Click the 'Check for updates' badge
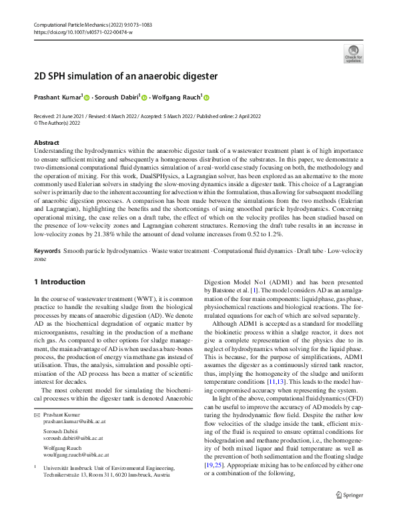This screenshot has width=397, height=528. click(353, 54)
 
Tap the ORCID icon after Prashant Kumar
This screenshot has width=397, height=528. click(87, 97)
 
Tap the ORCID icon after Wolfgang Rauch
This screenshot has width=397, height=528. click(206, 97)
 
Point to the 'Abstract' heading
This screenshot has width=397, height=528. click(47, 143)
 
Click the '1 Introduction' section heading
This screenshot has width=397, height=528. click(59, 282)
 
